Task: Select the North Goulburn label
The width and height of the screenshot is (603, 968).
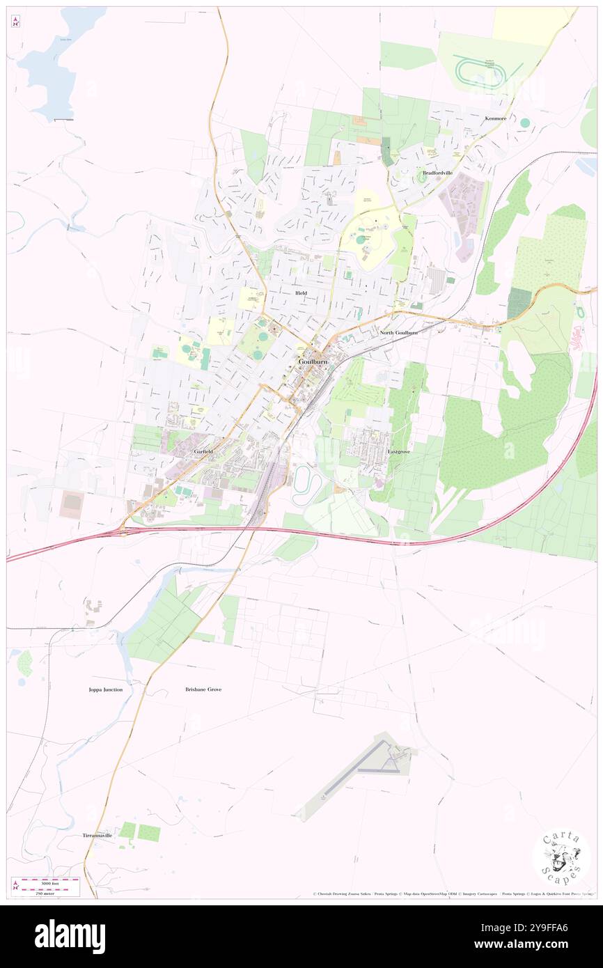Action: coord(399,333)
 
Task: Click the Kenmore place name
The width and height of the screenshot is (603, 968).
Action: coord(496,119)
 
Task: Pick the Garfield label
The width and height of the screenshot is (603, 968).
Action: coord(203,452)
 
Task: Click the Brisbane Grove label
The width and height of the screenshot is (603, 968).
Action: coord(203,689)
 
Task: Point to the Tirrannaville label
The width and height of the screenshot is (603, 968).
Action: coord(97,835)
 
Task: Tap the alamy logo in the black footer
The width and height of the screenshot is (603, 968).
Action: coord(70,937)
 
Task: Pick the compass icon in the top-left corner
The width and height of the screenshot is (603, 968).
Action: coord(15,22)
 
